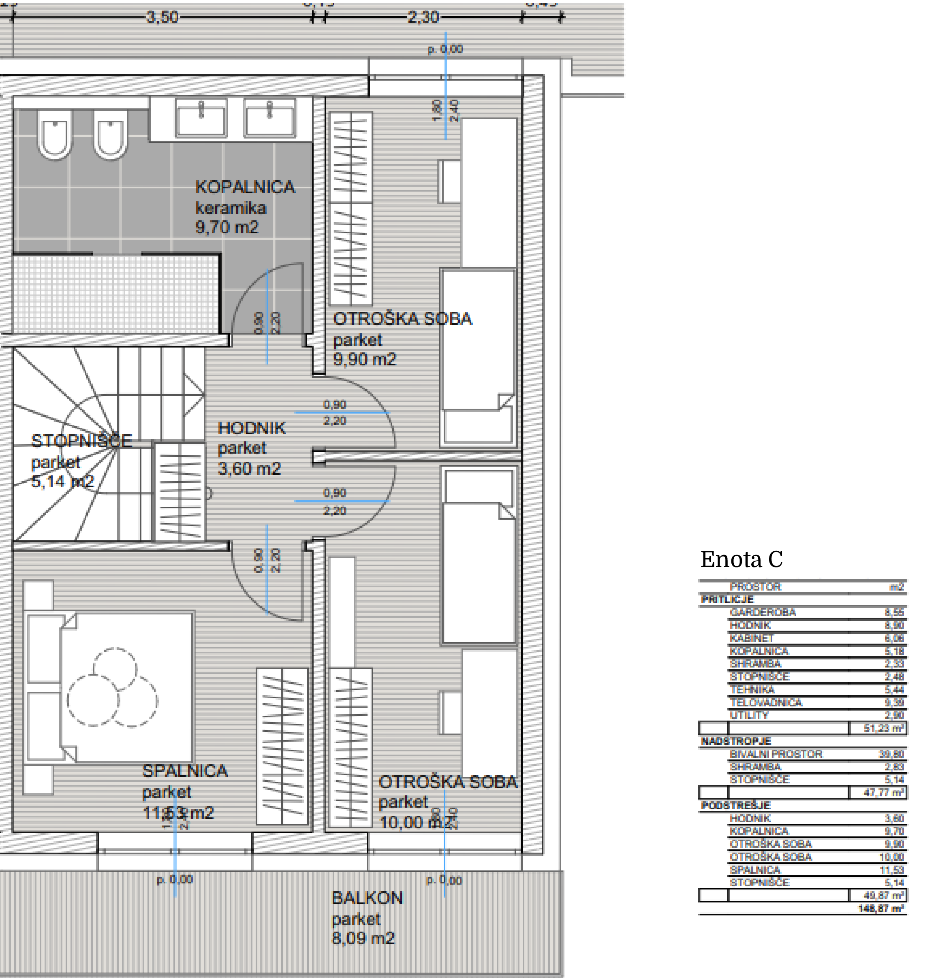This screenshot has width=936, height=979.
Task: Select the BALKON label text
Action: [x=367, y=898]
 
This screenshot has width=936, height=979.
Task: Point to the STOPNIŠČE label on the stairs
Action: [x=81, y=441]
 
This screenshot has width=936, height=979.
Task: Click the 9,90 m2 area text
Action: [x=364, y=360]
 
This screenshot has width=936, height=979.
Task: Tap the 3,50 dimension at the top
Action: [x=162, y=17]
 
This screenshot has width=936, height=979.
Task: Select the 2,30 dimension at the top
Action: [x=423, y=17]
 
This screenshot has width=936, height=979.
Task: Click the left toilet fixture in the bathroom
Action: [x=54, y=134]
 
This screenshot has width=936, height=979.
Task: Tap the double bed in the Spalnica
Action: [x=125, y=687]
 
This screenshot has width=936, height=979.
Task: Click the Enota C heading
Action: [x=742, y=559]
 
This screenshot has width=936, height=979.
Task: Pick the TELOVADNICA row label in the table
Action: [x=765, y=703]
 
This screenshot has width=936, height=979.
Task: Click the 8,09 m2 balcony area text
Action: [x=363, y=938]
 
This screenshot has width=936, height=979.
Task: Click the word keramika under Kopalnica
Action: [x=231, y=208]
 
